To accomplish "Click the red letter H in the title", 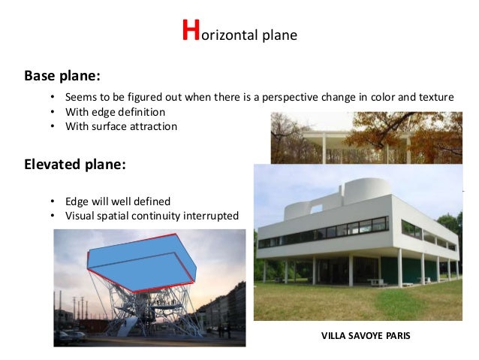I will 191,32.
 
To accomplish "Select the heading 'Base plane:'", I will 62,76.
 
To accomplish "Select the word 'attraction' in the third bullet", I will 150,126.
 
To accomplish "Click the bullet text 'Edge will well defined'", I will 118,201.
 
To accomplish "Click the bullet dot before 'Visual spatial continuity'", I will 52,216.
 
